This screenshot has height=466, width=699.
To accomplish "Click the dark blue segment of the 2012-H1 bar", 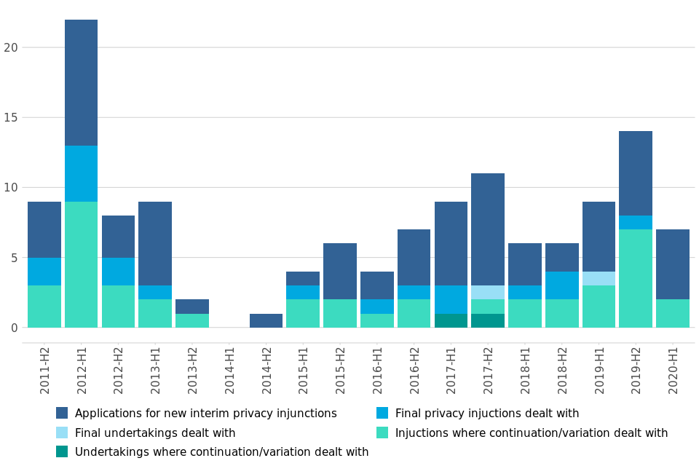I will pos(81,82).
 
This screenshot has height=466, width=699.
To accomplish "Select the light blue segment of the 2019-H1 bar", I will pos(599,278).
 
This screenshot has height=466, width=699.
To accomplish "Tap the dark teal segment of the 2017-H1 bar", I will pos(451,320).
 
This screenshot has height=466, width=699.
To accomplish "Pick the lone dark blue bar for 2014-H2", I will pos(266,320).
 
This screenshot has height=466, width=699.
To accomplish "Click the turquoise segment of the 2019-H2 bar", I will pos(636,278).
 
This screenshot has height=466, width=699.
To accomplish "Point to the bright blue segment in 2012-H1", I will pos(81,173).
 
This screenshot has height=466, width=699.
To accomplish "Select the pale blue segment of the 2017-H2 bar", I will pos(488,292).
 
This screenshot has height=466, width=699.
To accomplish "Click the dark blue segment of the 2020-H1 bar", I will pos(673,264).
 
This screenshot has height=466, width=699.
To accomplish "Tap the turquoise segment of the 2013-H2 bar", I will pos(192,320).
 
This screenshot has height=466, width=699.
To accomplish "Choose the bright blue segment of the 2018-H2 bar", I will pos(562,285).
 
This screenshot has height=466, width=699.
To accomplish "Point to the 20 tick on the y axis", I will pos(10,47).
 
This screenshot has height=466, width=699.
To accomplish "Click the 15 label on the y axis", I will pos(10,117).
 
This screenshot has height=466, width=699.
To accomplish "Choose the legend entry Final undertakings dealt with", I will pos(155,433).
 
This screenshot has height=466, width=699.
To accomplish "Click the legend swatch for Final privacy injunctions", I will pos(382,414).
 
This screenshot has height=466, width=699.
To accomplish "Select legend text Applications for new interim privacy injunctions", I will pos(205,414).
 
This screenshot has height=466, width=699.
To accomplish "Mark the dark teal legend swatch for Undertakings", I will pos(62,452).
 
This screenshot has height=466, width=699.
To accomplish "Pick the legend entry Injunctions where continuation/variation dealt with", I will pos(532,433).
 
